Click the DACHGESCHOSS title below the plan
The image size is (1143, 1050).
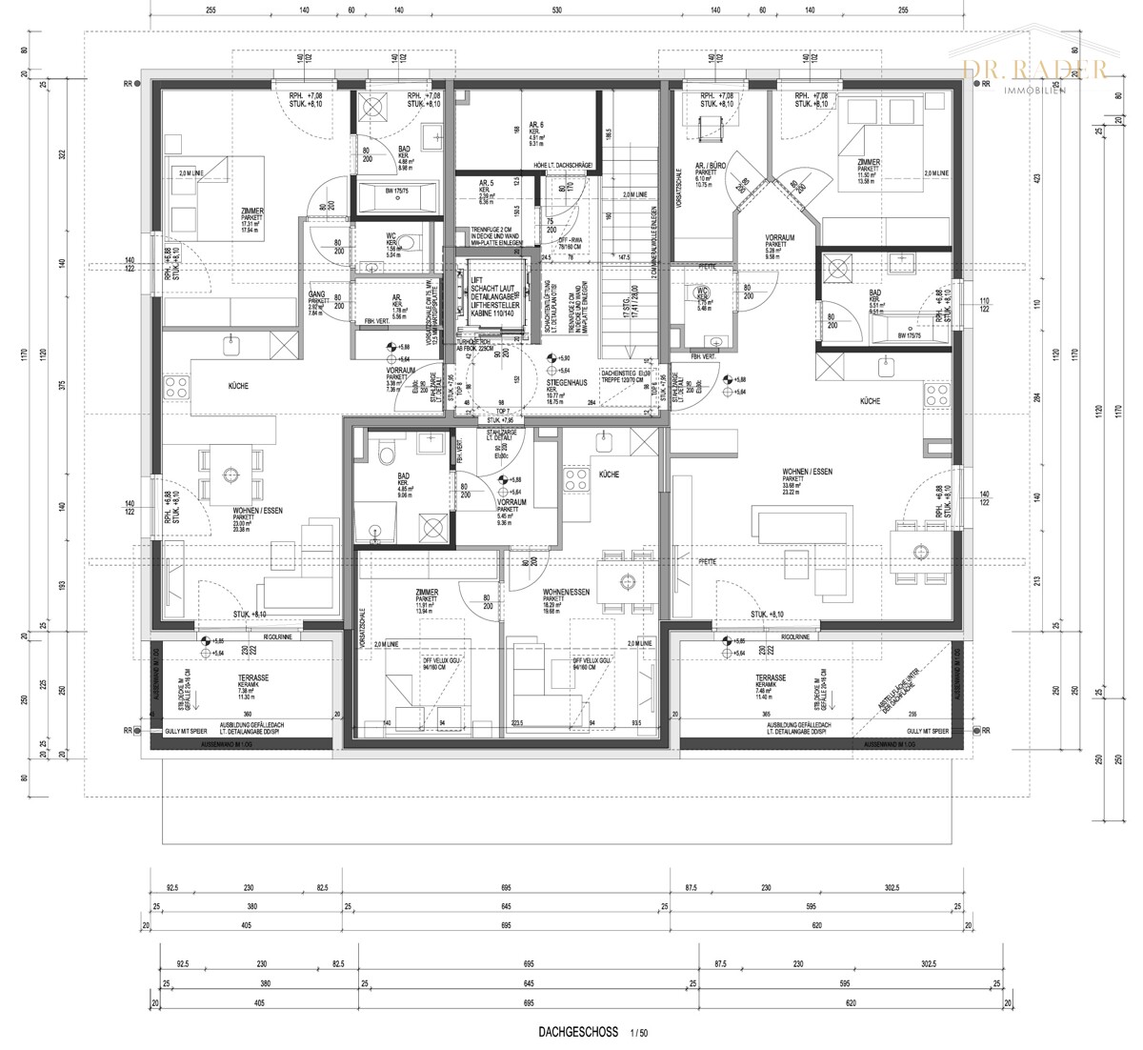pyautogui.click(x=578, y=1032)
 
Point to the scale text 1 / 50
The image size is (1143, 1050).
pyautogui.click(x=639, y=1032)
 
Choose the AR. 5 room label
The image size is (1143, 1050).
pyautogui.click(x=486, y=183)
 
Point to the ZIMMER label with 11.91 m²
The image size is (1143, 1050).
pyautogui.click(x=427, y=592)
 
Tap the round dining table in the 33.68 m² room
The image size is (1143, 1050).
pyautogui.click(x=920, y=550)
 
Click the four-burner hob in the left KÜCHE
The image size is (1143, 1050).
pyautogui.click(x=177, y=386)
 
